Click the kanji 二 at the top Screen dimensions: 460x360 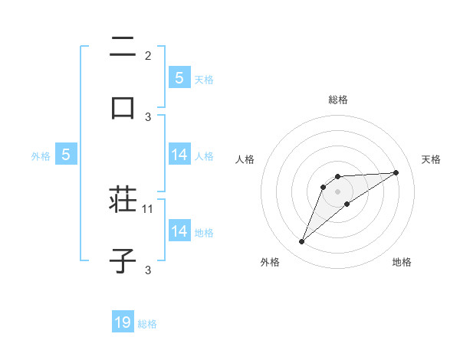pyautogui.click(x=123, y=47)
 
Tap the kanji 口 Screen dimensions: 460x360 pyautogui.click(x=123, y=106)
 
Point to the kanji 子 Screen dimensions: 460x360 pyautogui.click(x=123, y=260)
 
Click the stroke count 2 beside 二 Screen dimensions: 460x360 pyautogui.click(x=148, y=56)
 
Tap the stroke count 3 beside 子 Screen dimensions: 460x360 pyautogui.click(x=148, y=269)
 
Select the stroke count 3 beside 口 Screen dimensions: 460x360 pyautogui.click(x=148, y=116)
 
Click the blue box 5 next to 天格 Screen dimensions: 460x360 pyautogui.click(x=179, y=78)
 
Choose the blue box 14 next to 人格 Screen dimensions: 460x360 pyautogui.click(x=179, y=155)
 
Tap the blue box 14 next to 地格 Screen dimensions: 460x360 pyautogui.click(x=179, y=231)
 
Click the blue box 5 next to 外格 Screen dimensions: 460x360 pyautogui.click(x=66, y=155)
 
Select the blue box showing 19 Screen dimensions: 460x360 pyautogui.click(x=123, y=322)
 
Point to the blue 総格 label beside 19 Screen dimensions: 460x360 pyautogui.click(x=147, y=324)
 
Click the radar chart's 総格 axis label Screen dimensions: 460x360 pyautogui.click(x=338, y=100)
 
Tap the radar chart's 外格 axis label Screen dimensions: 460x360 pyautogui.click(x=269, y=262)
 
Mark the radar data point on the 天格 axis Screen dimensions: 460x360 pyautogui.click(x=396, y=172)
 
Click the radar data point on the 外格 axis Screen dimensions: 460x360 pyautogui.click(x=301, y=242)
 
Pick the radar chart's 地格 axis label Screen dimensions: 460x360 pyautogui.click(x=402, y=262)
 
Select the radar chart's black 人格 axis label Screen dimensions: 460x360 pyautogui.click(x=245, y=159)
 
